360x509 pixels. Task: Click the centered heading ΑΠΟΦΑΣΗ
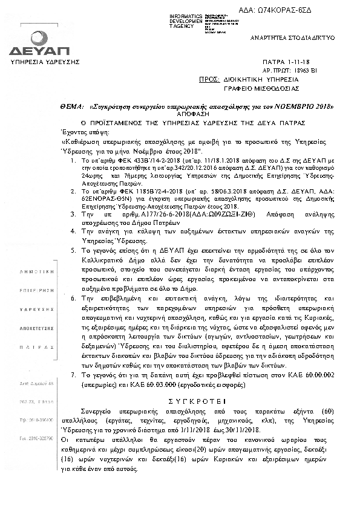coord(178,112)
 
